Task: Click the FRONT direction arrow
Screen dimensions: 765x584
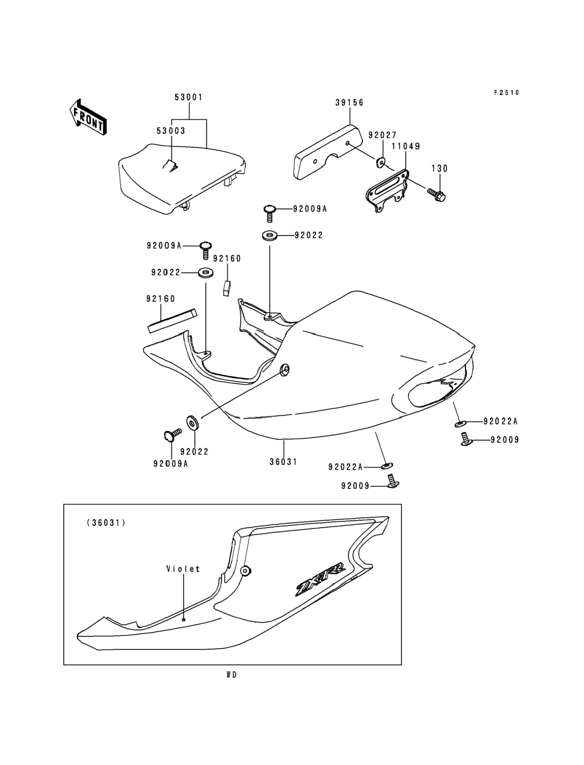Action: click(88, 117)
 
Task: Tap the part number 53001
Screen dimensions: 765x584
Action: click(188, 97)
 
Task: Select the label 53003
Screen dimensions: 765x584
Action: click(171, 131)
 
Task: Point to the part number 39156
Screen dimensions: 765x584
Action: click(349, 103)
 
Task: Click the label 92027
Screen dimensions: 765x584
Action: click(382, 135)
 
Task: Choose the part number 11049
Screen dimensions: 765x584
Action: click(406, 146)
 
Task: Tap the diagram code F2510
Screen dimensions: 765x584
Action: click(507, 93)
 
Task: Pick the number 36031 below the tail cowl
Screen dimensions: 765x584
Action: click(283, 462)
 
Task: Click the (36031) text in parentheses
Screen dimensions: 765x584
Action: click(106, 523)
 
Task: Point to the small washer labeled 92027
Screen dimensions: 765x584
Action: click(380, 162)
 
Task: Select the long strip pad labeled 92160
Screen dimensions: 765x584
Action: click(173, 321)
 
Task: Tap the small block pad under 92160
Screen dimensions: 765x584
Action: click(227, 288)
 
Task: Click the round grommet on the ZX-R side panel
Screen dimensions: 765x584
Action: click(246, 571)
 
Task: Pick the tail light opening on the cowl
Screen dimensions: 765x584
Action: click(436, 392)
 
